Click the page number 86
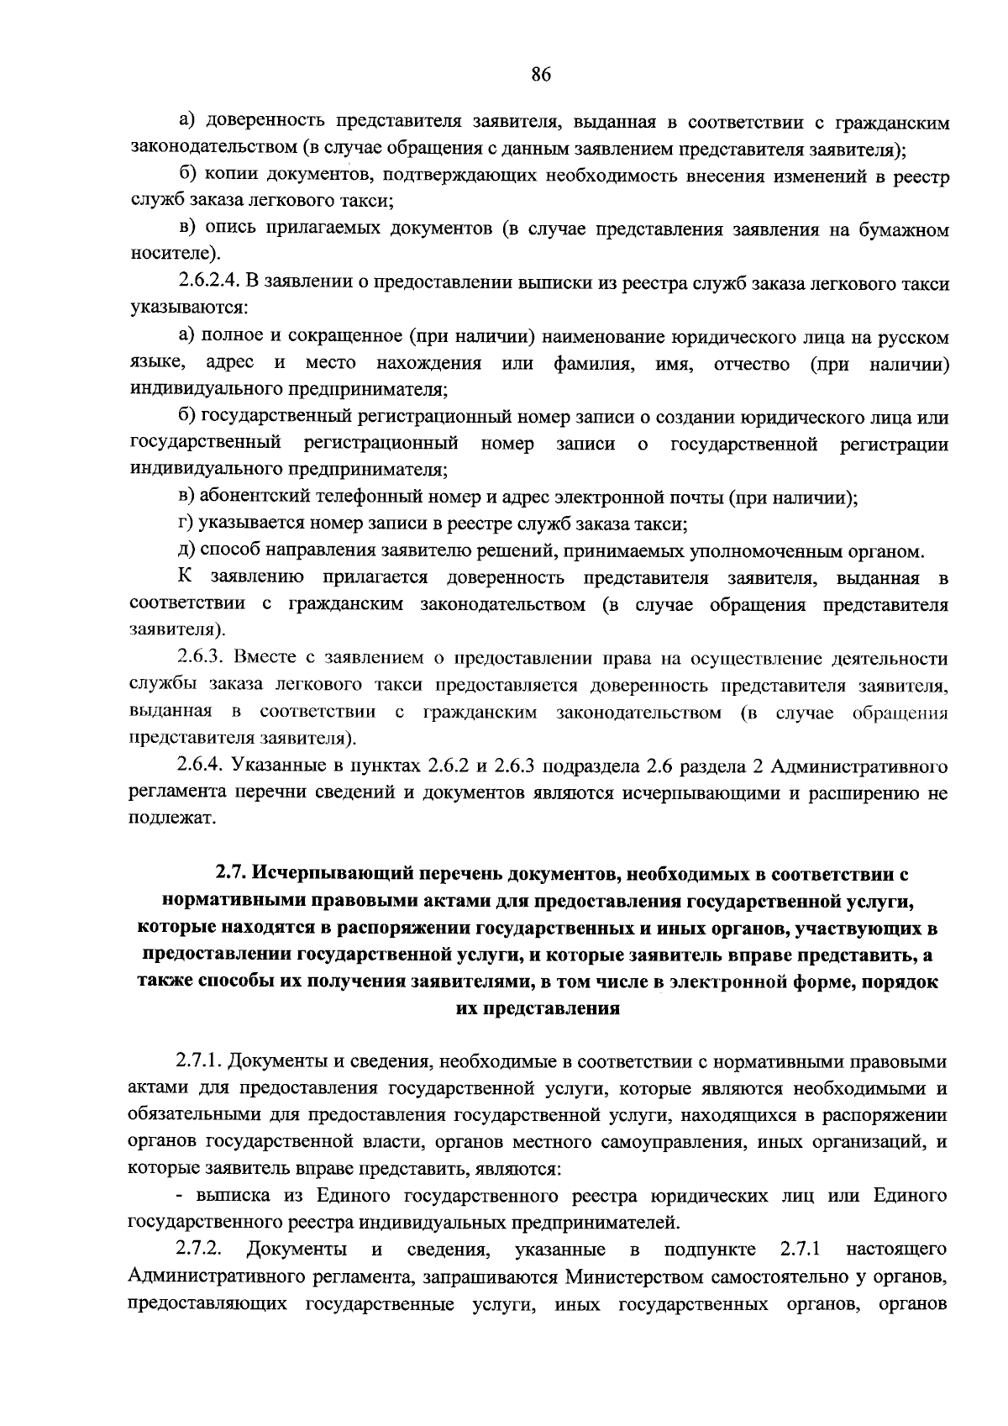(540, 75)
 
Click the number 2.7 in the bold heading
(228, 875)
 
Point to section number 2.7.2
(199, 1250)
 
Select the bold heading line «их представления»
(538, 1008)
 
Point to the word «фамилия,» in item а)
(596, 364)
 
